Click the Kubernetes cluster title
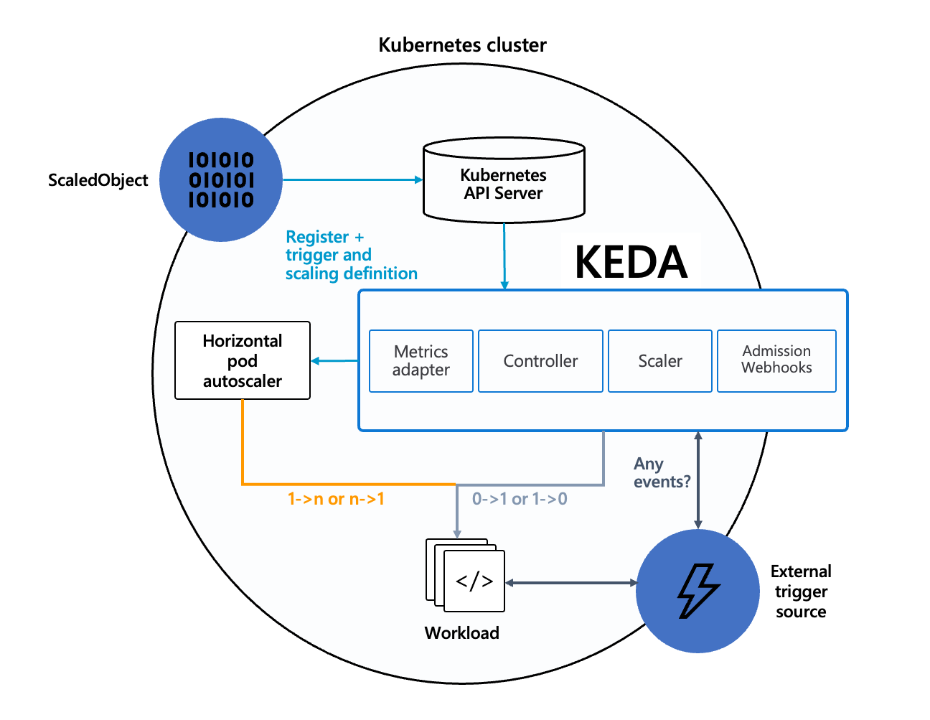462,45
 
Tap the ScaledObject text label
98,180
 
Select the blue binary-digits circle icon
221,179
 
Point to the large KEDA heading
631,262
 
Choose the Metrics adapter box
421,361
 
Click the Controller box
540,361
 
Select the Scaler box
660,361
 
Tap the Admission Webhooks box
776,360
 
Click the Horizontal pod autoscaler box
243,360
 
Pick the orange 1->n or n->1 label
336,499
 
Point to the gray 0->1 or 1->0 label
520,499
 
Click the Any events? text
661,473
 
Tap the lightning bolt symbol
697,591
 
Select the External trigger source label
801,592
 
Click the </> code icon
474,581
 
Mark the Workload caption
461,633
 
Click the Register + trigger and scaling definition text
351,256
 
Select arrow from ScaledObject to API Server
352,179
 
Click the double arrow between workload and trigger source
571,583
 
